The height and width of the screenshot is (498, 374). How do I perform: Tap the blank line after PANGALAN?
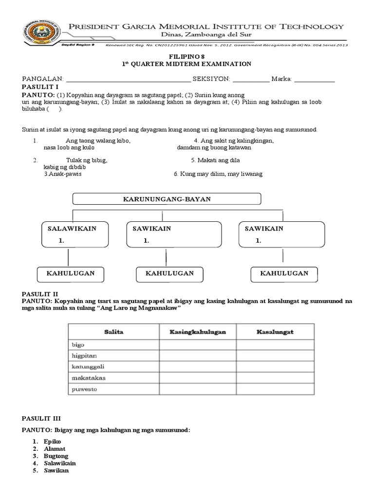pyautogui.click(x=128, y=80)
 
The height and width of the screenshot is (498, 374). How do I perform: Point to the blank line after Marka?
pyautogui.click(x=315, y=80)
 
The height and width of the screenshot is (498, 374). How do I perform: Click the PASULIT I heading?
pyautogui.click(x=40, y=87)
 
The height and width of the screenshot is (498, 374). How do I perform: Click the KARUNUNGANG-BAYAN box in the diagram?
pyautogui.click(x=167, y=199)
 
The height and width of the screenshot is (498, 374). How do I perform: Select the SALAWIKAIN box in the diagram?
pyautogui.click(x=68, y=234)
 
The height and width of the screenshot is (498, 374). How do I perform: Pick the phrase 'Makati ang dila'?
pyautogui.click(x=215, y=160)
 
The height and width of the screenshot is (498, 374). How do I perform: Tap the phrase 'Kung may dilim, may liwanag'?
pyautogui.click(x=218, y=174)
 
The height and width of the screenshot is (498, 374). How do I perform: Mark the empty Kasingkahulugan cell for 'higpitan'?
pyautogui.click(x=198, y=356)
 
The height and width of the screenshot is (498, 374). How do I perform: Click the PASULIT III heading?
pyautogui.click(x=42, y=418)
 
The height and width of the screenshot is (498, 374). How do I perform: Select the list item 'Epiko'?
pyautogui.click(x=52, y=441)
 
